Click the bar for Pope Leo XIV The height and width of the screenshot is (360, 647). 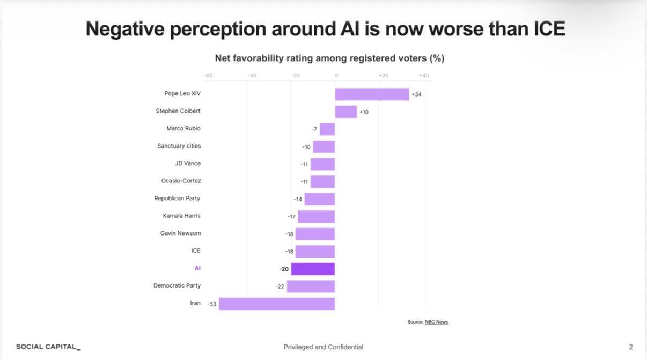[372, 94]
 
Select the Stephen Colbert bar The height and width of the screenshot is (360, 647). [346, 112]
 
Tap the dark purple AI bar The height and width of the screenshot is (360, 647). [313, 269]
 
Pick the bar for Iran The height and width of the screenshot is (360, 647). [277, 304]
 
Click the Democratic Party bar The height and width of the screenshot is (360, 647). [311, 286]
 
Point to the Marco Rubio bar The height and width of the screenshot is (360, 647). [327, 129]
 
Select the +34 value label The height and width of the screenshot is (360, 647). [417, 95]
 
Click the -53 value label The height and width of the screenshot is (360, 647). [212, 304]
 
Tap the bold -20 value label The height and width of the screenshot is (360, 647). [284, 269]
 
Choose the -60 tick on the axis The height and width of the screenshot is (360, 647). [208, 76]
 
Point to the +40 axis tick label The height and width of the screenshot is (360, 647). [424, 76]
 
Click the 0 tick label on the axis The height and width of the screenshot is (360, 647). [336, 76]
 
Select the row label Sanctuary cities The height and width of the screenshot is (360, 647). [179, 146]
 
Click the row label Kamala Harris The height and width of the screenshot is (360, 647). [182, 216]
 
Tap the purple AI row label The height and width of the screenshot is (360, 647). [197, 268]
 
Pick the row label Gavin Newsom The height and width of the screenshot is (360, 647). [180, 233]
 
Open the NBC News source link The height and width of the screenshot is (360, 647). [436, 322]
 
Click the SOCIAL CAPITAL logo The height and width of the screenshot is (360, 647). [48, 347]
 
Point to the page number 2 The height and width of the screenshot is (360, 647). [631, 347]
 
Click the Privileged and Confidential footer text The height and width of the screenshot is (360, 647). [323, 347]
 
